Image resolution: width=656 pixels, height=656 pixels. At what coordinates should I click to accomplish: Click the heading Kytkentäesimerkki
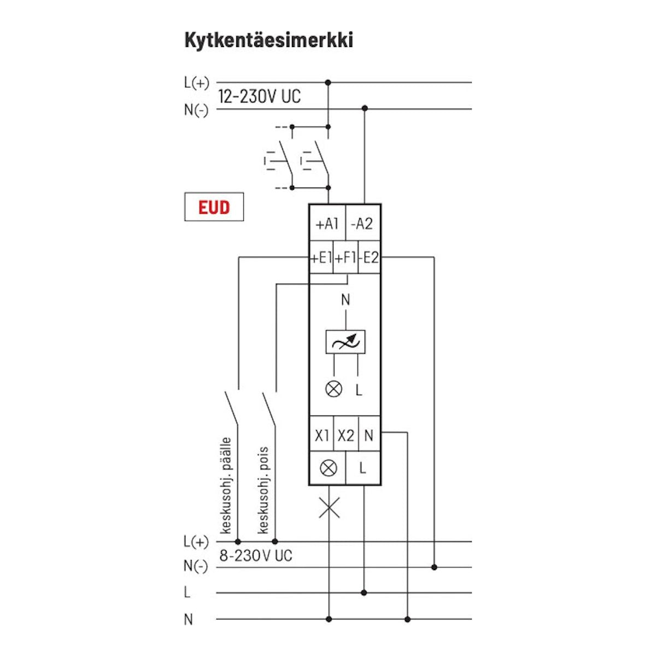(x=268, y=40)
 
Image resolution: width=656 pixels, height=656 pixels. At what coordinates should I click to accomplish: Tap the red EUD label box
(x=214, y=208)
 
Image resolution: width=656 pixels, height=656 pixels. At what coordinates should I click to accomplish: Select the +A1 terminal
(x=327, y=224)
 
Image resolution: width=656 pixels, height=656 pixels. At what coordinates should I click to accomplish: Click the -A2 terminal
(x=362, y=224)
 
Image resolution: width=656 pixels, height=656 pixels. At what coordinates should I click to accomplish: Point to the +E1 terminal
(x=321, y=257)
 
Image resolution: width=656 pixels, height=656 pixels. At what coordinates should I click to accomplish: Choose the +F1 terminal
(x=345, y=257)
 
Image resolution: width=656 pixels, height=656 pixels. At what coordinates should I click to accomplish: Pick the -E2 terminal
(x=370, y=257)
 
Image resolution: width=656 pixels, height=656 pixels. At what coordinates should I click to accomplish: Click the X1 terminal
(x=322, y=436)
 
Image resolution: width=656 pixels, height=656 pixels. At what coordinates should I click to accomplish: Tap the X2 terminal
(x=345, y=436)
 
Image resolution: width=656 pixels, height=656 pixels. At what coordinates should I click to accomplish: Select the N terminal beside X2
(x=369, y=436)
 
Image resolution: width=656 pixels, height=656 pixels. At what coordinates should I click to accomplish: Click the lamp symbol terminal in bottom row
(x=328, y=468)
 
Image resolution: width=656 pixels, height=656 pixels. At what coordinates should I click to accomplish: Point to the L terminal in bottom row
(x=362, y=468)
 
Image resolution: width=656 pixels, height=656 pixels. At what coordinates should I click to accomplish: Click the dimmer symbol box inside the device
(x=345, y=342)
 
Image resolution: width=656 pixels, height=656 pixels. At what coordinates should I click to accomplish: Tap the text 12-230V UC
(x=259, y=97)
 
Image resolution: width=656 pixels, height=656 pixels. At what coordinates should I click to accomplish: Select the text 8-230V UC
(x=255, y=556)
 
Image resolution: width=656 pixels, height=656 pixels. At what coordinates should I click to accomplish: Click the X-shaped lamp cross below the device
(x=329, y=508)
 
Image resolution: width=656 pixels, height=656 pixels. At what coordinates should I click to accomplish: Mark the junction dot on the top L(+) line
(x=328, y=83)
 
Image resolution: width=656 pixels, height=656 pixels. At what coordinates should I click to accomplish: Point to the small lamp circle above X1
(x=333, y=389)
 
